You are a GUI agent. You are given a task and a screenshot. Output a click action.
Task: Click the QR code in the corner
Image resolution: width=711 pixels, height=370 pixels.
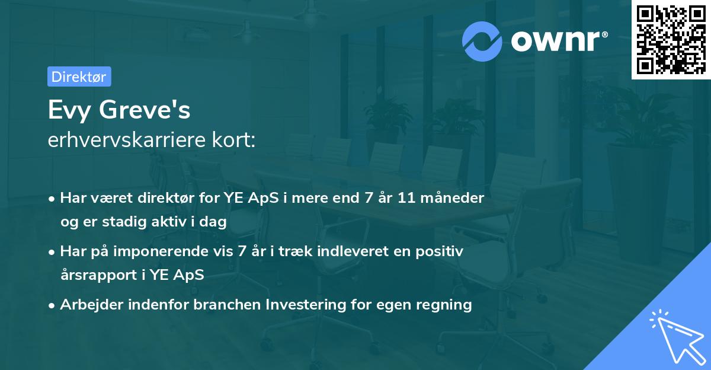(x=671, y=40)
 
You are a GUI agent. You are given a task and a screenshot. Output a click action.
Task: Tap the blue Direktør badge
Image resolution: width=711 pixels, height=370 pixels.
(x=79, y=76)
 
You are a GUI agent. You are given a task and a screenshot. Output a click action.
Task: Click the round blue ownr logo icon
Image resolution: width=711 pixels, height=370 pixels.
(x=482, y=40)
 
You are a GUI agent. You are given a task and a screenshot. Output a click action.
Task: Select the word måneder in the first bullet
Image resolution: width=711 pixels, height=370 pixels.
(x=456, y=198)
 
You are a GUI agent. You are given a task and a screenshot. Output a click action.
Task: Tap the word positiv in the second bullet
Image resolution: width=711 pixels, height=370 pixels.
(x=440, y=251)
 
